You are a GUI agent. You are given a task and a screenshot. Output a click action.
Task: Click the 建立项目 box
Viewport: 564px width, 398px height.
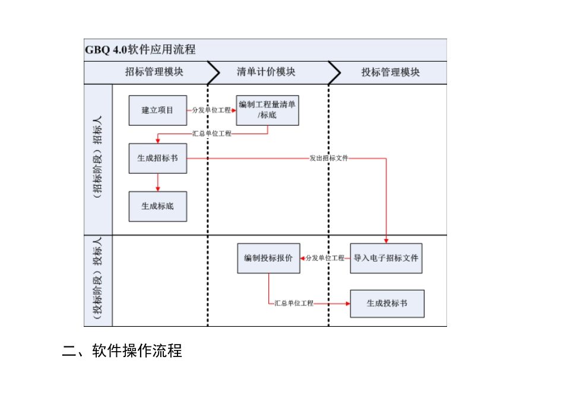point(157,110)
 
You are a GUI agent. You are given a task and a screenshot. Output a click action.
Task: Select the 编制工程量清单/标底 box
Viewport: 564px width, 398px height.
point(267,110)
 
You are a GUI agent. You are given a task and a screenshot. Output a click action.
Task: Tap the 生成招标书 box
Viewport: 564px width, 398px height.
point(157,158)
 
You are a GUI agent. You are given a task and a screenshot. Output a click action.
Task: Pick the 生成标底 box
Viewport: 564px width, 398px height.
point(157,206)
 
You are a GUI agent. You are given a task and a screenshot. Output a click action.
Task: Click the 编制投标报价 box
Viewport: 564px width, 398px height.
point(268,258)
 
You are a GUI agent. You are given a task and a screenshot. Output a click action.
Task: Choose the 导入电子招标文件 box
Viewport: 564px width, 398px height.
point(386,258)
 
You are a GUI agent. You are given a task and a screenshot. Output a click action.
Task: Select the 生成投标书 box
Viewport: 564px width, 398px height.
point(387,303)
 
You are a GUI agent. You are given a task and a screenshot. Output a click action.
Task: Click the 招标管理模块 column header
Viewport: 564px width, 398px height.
point(154,72)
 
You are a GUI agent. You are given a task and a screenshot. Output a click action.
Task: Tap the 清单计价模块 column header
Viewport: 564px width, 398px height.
point(266,72)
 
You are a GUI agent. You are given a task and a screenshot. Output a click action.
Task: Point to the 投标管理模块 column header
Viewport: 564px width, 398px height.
point(390,72)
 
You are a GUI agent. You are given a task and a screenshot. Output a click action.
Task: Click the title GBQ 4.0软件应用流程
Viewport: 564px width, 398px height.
point(140,50)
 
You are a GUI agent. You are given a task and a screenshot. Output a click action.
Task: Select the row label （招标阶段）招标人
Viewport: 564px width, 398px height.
point(98,159)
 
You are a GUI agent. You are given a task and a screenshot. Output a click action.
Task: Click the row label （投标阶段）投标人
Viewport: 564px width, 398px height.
point(98,280)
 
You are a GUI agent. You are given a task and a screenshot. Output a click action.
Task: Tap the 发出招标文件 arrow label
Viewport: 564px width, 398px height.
point(328,158)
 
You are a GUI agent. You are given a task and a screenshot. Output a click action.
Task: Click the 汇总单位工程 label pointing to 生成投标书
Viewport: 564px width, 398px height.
point(293,303)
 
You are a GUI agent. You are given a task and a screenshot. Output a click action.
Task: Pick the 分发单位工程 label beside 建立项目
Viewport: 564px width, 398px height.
point(211,110)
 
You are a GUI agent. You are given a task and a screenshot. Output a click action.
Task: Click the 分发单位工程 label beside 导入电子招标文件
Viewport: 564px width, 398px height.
point(325,258)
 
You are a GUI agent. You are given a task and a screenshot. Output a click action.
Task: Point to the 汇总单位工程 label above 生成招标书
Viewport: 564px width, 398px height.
point(212,133)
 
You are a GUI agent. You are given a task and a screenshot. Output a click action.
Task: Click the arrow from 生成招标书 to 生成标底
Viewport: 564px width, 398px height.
point(158,182)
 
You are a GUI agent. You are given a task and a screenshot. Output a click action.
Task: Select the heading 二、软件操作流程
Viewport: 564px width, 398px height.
point(122,351)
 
